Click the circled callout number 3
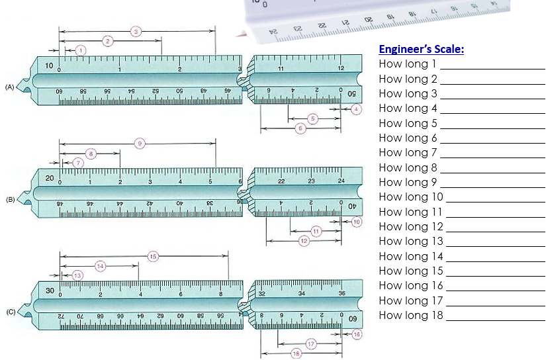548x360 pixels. (136, 31)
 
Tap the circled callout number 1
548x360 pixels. (81, 50)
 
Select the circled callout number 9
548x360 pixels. (139, 143)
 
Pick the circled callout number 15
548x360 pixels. (153, 256)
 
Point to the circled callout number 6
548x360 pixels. (300, 128)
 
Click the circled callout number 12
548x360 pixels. (304, 241)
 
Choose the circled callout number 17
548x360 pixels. (310, 344)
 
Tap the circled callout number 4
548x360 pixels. (357, 109)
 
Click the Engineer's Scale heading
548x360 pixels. (421, 50)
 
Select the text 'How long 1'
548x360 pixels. (408, 64)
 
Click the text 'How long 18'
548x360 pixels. (410, 315)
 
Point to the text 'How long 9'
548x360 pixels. (408, 182)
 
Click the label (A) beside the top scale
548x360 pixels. (9, 87)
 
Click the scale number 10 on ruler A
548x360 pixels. (50, 66)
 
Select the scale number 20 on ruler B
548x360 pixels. (50, 178)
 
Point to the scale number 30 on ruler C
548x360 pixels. (50, 291)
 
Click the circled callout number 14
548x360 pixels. (100, 266)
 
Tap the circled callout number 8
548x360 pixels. (91, 154)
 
